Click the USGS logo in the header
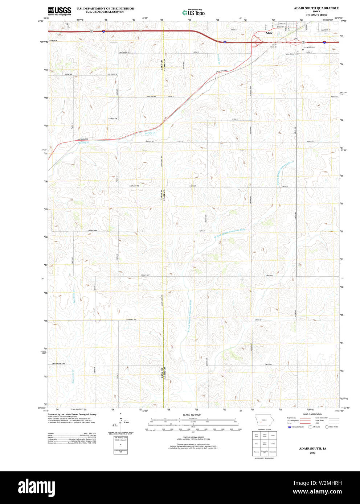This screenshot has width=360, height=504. click(x=59, y=11)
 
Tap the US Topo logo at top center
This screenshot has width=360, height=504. click(x=193, y=13)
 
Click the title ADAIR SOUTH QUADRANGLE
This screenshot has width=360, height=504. click(x=316, y=8)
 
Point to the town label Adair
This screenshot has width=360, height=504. click(x=269, y=33)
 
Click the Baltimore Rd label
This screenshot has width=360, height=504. click(x=124, y=52)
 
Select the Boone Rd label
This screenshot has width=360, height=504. click(x=68, y=74)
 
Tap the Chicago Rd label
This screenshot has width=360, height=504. click(x=151, y=96)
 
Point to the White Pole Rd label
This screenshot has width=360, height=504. click(x=83, y=139)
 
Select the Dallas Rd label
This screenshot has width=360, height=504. click(x=150, y=141)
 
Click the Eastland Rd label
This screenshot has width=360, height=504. click(x=134, y=186)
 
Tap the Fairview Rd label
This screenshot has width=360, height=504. click(x=93, y=230)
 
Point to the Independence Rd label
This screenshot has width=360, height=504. click(x=58, y=363)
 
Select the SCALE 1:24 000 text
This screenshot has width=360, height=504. click(x=191, y=414)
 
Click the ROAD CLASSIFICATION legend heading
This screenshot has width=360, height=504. click(x=312, y=414)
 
